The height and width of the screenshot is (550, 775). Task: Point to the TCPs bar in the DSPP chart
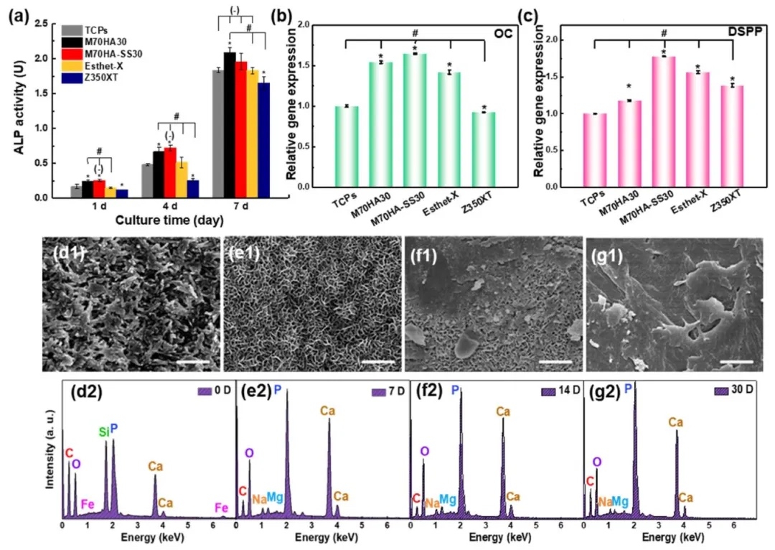tap(594, 150)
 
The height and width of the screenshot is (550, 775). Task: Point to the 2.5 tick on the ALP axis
tap(48, 24)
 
